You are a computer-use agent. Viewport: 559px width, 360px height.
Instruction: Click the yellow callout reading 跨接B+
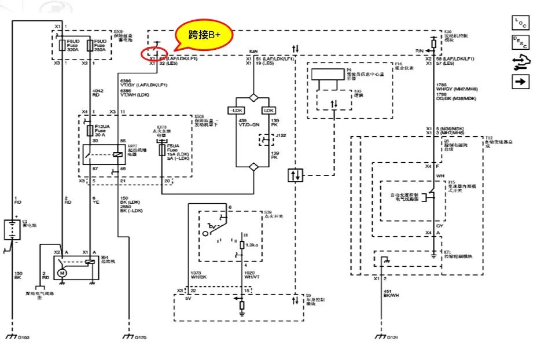click(x=205, y=35)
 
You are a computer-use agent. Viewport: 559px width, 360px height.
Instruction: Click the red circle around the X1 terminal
click(x=154, y=54)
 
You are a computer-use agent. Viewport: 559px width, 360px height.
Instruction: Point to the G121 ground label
click(x=393, y=336)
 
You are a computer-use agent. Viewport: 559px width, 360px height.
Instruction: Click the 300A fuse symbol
click(x=62, y=45)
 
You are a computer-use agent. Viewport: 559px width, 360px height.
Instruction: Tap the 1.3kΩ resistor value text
click(x=251, y=245)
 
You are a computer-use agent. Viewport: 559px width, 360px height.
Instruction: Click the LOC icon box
click(x=520, y=23)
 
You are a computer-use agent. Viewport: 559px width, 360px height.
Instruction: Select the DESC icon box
click(x=520, y=42)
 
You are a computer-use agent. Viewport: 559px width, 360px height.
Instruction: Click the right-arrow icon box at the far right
click(x=520, y=82)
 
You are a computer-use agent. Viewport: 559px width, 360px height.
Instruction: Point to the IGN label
click(x=253, y=52)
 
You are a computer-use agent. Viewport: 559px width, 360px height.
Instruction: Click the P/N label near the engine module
click(x=420, y=52)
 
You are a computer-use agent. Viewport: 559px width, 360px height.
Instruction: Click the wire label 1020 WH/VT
click(x=252, y=275)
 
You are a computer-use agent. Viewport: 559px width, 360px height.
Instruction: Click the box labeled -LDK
click(x=236, y=110)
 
